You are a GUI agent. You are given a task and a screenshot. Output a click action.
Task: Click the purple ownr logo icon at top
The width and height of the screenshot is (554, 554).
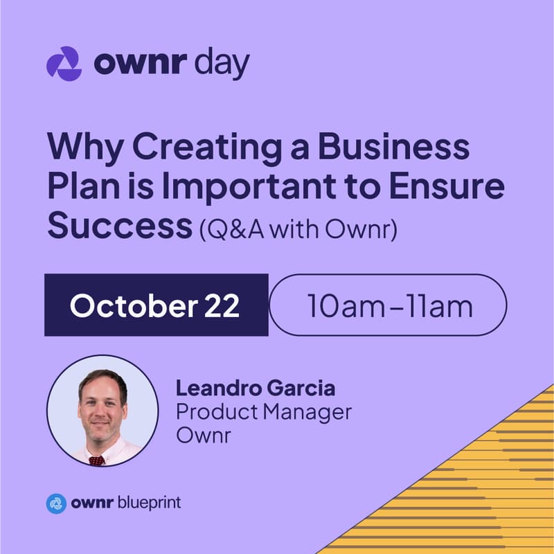coord(63,64)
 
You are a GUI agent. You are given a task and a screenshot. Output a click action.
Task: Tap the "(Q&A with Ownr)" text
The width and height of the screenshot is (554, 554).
coord(297,229)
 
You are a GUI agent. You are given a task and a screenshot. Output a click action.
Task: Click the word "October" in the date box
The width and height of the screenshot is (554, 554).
coord(129,305)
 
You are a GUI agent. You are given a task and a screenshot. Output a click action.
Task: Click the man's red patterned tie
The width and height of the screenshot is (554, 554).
coord(97,459)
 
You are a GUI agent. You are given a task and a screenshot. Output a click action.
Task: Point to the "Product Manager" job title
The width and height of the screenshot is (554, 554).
coord(263,412)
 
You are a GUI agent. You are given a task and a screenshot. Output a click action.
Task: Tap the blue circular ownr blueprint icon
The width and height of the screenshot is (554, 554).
coord(56,503)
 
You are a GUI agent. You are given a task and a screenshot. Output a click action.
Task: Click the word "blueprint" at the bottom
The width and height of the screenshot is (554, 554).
coord(148,503)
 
